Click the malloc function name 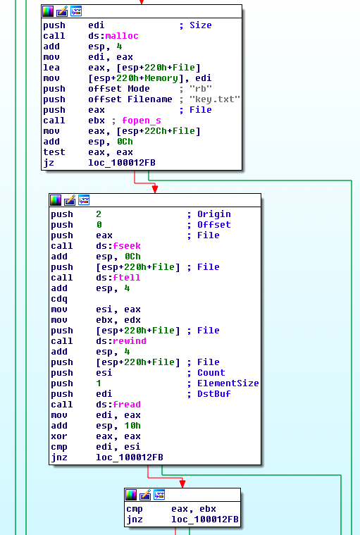pyautogui.click(x=122, y=36)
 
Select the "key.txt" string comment pyautogui.click(x=215, y=99)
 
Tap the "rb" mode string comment pyautogui.click(x=201, y=89)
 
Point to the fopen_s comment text pyautogui.click(x=142, y=121)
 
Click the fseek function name pyautogui.click(x=127, y=246)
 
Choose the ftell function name pyautogui.click(x=127, y=278)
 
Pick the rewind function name pyautogui.click(x=130, y=341)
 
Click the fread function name pyautogui.click(x=127, y=405)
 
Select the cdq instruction pyautogui.click(x=59, y=300)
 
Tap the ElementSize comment pyautogui.click(x=228, y=383)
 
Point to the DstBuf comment pyautogui.click(x=213, y=394)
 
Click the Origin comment pyautogui.click(x=213, y=214)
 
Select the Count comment pyautogui.click(x=211, y=373)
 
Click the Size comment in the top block pyautogui.click(x=201, y=25)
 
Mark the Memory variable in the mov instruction pyautogui.click(x=161, y=78)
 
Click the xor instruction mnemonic pyautogui.click(x=59, y=436)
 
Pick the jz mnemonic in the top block pyautogui.click(x=49, y=163)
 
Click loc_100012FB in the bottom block pyautogui.click(x=205, y=519)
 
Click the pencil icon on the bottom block pyautogui.click(x=145, y=494)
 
